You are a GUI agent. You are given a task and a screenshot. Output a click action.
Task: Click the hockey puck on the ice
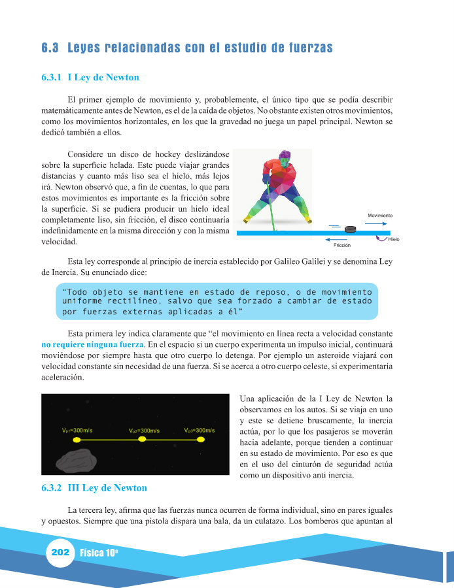click(351, 229)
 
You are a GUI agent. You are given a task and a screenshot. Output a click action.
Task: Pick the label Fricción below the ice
click(342, 245)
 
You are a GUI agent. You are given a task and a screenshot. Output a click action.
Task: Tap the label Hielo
click(394, 239)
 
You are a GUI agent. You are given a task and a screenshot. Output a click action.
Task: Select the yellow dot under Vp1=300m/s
click(77, 440)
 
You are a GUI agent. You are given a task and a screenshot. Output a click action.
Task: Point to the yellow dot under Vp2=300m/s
click(142, 440)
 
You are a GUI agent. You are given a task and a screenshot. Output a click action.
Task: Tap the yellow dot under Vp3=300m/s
click(201, 440)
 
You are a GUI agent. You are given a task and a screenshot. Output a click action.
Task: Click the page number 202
click(60, 553)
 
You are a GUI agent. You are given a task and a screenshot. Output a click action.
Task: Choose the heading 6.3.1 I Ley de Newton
click(90, 77)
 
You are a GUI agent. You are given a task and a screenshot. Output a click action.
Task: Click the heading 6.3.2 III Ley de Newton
click(94, 487)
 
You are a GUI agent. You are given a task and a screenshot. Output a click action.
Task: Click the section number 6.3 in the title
click(50, 48)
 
